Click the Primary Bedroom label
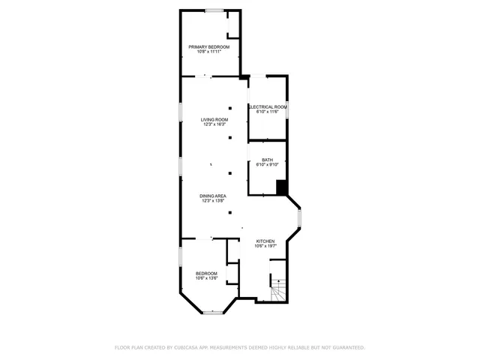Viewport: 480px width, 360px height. tap(208, 46)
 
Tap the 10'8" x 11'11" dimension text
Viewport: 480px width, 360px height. tap(208, 52)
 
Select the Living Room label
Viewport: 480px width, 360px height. tap(214, 119)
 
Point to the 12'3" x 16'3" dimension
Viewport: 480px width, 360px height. tap(214, 124)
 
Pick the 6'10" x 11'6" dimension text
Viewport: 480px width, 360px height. tap(268, 112)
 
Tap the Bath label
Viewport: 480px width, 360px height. tap(268, 159)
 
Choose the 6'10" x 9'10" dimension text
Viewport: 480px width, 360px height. tap(268, 164)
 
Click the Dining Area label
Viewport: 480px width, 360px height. tap(214, 196)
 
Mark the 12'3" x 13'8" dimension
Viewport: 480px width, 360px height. tap(214, 201)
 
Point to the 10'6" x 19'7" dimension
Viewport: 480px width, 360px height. tap(265, 246)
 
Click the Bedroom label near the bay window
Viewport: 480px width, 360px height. tap(206, 273)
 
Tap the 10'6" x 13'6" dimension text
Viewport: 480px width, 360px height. tap(206, 278)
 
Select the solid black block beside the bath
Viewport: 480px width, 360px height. tap(282, 187)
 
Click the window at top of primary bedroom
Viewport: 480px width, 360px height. tap(214, 10)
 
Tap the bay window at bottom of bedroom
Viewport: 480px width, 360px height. tap(215, 311)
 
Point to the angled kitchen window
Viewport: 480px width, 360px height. tap(299, 218)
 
